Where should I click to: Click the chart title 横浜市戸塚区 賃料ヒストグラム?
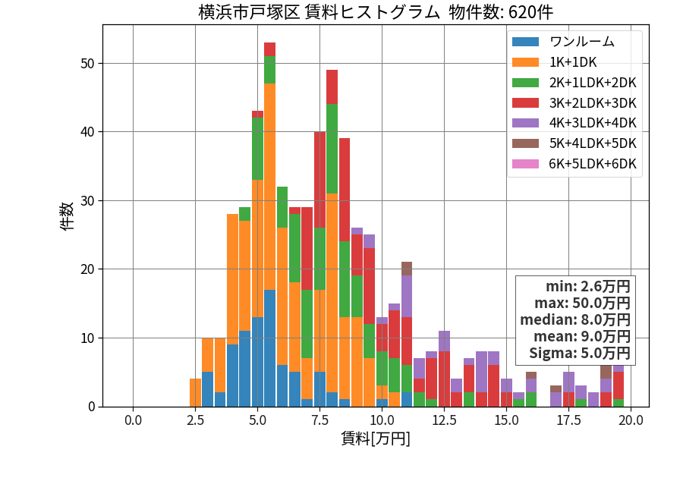319,11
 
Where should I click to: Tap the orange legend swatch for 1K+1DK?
525,62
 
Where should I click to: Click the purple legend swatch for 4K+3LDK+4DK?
525,123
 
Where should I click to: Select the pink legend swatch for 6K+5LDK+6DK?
525,164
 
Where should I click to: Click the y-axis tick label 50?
87,64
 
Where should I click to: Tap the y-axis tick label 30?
87,201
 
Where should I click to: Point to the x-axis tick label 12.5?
444,420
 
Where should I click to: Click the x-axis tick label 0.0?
133,420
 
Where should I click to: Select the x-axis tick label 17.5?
569,420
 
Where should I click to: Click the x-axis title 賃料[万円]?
376,439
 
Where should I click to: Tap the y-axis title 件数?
67,216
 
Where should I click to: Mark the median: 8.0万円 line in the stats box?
575,319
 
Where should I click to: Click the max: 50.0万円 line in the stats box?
582,303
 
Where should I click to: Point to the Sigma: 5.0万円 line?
579,353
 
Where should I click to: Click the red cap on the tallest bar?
269,49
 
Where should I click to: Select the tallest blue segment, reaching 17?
269,348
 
